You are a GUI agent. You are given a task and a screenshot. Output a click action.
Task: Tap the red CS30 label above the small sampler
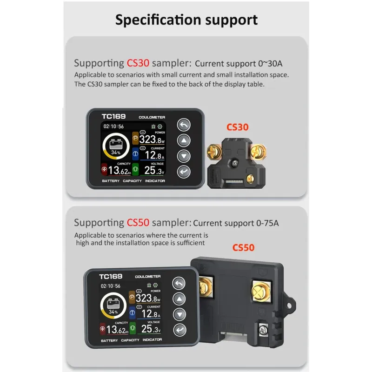pos(238,127)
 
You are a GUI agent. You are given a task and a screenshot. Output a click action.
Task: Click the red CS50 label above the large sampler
pos(243,248)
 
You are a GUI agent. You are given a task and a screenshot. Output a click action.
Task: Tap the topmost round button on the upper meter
pos(184,125)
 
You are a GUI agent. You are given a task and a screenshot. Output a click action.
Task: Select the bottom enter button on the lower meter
pos(180,330)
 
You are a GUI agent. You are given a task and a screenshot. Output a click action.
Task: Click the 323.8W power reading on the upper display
pos(152,139)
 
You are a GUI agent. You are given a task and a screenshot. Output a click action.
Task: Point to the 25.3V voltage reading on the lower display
pos(151,329)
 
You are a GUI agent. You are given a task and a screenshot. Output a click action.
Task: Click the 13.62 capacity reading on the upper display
pos(120,170)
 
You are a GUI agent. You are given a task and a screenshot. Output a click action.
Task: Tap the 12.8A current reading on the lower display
pos(151,313)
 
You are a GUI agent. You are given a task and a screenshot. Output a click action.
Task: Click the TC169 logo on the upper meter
pos(113,116)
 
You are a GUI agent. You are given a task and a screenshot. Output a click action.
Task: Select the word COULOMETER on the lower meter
pos(148,276)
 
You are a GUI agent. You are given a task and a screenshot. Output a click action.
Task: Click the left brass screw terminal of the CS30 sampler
pos(214,152)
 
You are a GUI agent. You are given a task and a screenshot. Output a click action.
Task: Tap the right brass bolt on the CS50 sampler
pos(261,291)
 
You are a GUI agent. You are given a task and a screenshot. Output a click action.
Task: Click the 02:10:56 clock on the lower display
pos(111,286)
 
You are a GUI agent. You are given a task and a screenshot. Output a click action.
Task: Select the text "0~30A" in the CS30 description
pos(270,64)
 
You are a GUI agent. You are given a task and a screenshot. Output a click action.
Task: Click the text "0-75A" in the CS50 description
pos(267,223)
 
